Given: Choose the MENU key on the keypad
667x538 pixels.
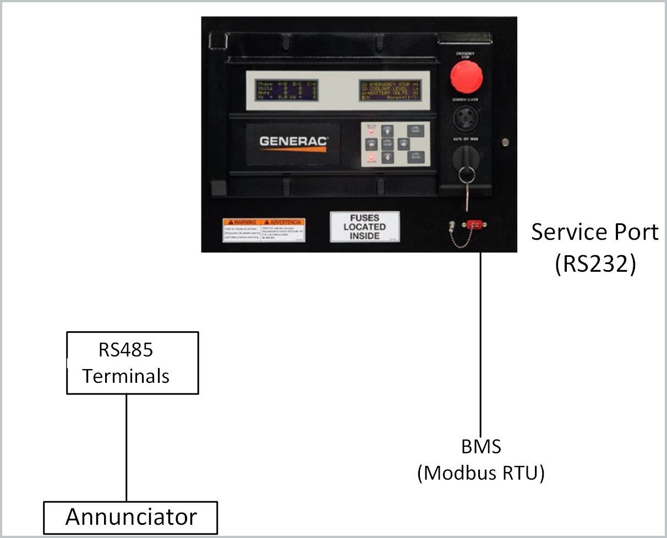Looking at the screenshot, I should [x=415, y=131].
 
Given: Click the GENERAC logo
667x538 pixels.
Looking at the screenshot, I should [x=293, y=141].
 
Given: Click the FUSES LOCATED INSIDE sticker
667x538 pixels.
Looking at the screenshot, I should [x=365, y=227].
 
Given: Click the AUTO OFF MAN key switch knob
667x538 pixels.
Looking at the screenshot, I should [x=466, y=159].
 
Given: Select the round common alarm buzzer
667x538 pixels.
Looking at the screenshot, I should [x=466, y=118].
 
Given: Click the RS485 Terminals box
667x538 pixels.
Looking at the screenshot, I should [x=132, y=363].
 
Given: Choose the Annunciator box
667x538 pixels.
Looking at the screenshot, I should [x=130, y=517].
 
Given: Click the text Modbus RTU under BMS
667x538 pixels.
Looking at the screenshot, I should [x=480, y=473].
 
